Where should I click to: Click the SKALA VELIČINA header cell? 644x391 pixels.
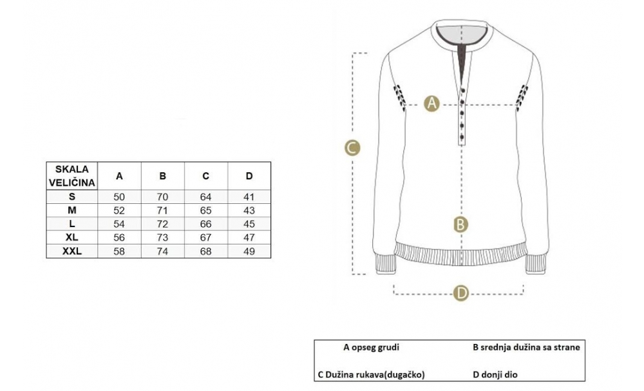[72, 175]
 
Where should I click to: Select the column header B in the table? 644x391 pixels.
[163, 176]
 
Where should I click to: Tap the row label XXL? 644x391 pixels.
[72, 251]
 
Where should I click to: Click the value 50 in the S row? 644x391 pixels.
[119, 197]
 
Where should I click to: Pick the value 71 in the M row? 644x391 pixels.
[163, 210]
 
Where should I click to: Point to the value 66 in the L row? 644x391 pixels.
[206, 224]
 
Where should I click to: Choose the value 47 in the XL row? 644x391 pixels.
[249, 237]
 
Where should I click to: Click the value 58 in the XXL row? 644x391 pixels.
[119, 251]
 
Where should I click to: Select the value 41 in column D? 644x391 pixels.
[249, 197]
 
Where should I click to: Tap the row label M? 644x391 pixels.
[72, 210]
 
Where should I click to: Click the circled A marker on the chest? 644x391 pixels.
[431, 103]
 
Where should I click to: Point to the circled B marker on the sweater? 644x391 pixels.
[461, 225]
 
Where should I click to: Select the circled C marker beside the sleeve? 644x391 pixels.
[352, 148]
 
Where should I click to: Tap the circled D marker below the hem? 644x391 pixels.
[461, 293]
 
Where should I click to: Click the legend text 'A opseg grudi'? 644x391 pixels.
[372, 347]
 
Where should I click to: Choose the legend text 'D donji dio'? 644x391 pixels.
[495, 374]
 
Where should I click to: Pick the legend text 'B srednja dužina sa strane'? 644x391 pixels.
[527, 347]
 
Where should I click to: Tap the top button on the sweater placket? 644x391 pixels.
[463, 90]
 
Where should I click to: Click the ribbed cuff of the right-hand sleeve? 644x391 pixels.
[536, 265]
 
